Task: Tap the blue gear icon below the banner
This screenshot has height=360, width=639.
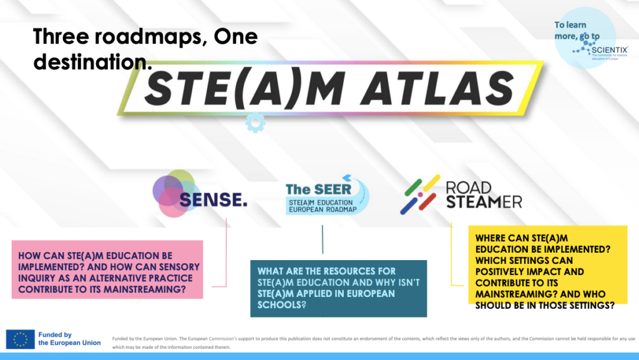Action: [x=255, y=122]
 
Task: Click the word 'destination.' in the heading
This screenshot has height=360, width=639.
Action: [x=92, y=62]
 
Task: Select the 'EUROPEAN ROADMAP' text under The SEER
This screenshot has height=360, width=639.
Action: [x=322, y=210]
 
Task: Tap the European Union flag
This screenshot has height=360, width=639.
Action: [x=20, y=339]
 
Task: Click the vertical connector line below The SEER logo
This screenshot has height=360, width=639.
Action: [x=323, y=240]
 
